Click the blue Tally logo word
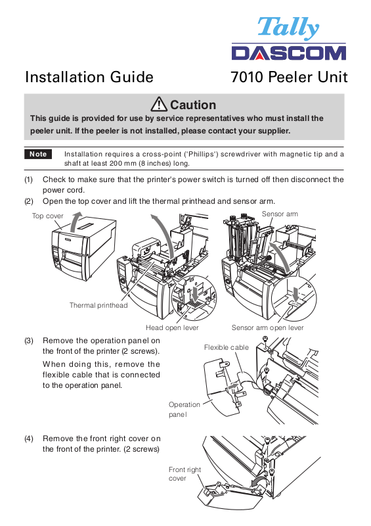[x=288, y=28]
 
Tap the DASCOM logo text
[x=288, y=53]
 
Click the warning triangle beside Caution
[x=159, y=104]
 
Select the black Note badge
[x=38, y=154]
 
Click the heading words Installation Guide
[x=89, y=77]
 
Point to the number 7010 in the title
[x=247, y=78]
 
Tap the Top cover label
[x=47, y=216]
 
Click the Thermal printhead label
[x=98, y=305]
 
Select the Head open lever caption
[x=172, y=327]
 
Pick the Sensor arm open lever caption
[x=267, y=327]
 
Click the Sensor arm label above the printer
[x=280, y=214]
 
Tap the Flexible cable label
[x=227, y=348]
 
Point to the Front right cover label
[x=185, y=473]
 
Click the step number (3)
[x=29, y=341]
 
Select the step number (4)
[x=29, y=439]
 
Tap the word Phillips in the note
[x=201, y=155]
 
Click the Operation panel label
[x=185, y=410]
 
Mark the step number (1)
[x=29, y=179]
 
